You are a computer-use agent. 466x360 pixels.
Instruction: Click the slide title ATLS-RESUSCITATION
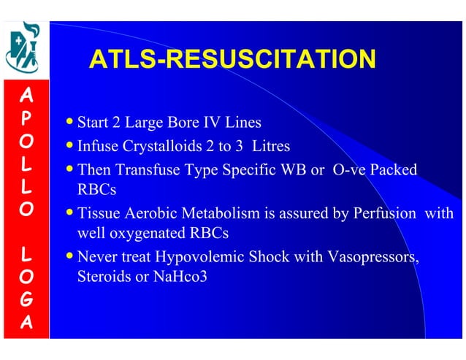(232, 60)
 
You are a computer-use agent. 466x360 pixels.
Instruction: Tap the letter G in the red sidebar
(25, 299)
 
